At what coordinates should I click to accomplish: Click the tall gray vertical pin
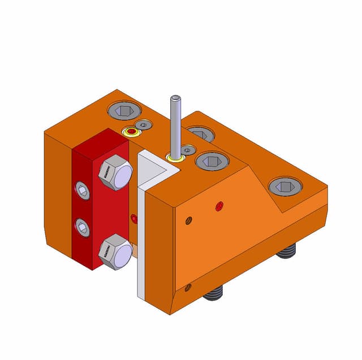click(175, 124)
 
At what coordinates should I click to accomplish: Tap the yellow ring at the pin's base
click(175, 157)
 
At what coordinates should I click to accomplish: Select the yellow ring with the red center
click(132, 132)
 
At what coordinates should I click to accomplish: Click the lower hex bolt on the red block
click(115, 251)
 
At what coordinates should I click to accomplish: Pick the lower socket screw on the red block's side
click(83, 228)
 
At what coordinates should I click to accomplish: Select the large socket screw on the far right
click(285, 186)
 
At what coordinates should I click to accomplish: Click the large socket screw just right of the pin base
click(212, 161)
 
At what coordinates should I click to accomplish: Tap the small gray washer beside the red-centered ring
click(145, 124)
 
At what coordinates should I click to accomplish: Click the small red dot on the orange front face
click(219, 206)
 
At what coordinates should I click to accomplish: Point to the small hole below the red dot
click(189, 220)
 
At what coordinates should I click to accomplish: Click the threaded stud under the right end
click(287, 250)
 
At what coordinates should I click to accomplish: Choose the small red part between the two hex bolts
click(134, 218)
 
